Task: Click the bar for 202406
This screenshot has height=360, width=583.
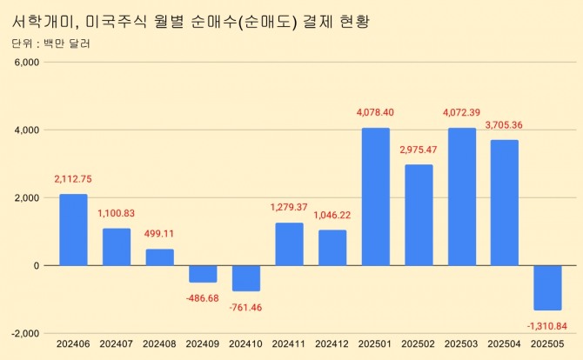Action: tap(73, 230)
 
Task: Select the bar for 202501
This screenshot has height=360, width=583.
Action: tap(375, 197)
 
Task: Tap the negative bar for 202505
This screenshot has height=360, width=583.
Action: tap(547, 287)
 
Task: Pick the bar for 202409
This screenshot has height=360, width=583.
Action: tap(203, 274)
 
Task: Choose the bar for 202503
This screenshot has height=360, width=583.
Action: tap(461, 197)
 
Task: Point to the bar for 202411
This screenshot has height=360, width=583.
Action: tap(289, 244)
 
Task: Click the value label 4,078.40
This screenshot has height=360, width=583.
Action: tap(375, 112)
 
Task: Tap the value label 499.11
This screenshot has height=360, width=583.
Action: tap(159, 233)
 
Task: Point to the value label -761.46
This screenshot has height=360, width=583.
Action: tap(245, 307)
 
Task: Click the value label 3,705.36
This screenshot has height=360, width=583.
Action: tap(504, 124)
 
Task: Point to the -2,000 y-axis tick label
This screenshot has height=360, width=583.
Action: tap(24, 333)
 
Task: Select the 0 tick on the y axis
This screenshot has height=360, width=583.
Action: tap(37, 265)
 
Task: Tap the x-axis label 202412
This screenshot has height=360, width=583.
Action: tap(332, 345)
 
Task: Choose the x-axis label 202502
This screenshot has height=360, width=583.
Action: tap(419, 345)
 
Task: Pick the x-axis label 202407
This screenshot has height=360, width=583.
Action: tap(116, 345)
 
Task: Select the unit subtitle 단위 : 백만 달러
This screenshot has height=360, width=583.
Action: tap(51, 43)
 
